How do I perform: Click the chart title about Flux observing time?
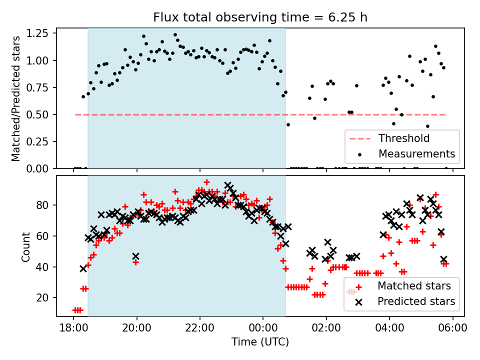(260, 18)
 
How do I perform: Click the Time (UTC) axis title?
(260, 342)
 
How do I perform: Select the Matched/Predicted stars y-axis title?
(16, 98)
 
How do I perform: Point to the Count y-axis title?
(25, 246)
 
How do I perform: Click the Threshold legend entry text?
(404, 138)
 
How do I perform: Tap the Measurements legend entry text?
(416, 153)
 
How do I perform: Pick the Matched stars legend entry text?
(414, 286)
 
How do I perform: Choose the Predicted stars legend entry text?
(416, 301)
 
